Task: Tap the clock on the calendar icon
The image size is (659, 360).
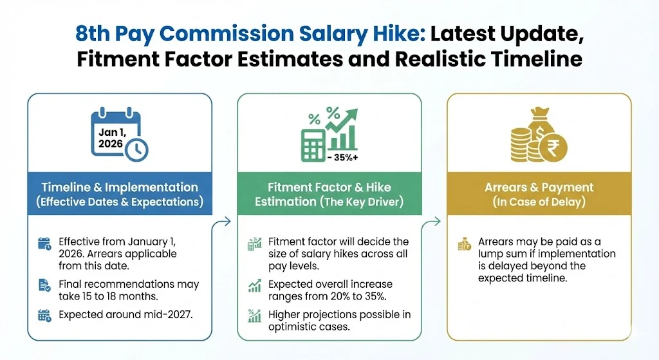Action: (136, 149)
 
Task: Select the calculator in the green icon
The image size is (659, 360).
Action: (313, 146)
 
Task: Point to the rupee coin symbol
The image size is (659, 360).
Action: (553, 148)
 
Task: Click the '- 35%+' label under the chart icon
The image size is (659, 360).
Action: (343, 158)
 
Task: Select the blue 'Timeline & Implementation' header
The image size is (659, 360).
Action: (120, 193)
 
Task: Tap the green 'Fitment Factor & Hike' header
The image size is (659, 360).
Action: (329, 193)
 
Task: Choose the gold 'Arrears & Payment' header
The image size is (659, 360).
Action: (539, 193)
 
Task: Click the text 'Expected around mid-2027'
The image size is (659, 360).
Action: (125, 314)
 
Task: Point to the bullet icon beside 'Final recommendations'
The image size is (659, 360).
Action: (44, 285)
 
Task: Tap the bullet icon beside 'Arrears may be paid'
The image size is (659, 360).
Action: (465, 244)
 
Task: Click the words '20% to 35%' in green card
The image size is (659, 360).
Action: (353, 296)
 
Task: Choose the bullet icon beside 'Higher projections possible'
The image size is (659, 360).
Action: (254, 316)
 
